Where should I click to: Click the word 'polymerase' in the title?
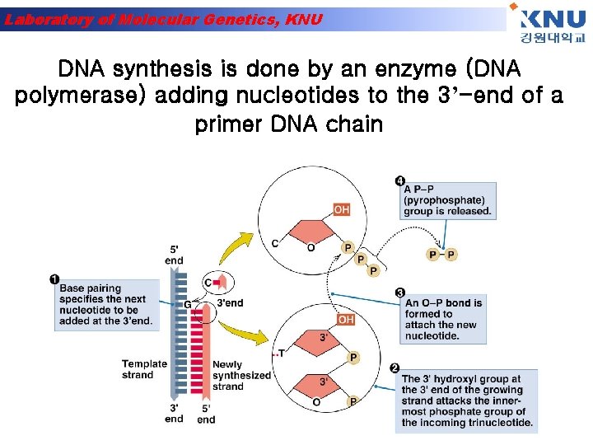click(81, 96)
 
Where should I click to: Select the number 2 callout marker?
click(395, 368)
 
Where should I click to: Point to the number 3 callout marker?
click(399, 293)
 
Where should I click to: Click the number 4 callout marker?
click(399, 180)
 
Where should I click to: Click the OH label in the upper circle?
click(341, 210)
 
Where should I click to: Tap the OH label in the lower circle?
click(346, 320)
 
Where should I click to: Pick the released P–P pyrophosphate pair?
click(442, 255)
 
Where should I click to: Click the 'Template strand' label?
click(144, 369)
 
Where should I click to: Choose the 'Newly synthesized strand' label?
click(240, 375)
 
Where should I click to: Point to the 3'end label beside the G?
click(230, 303)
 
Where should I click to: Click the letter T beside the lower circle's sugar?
click(281, 354)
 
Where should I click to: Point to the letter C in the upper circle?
click(275, 243)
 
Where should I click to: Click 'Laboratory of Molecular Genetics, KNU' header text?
click(164, 19)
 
